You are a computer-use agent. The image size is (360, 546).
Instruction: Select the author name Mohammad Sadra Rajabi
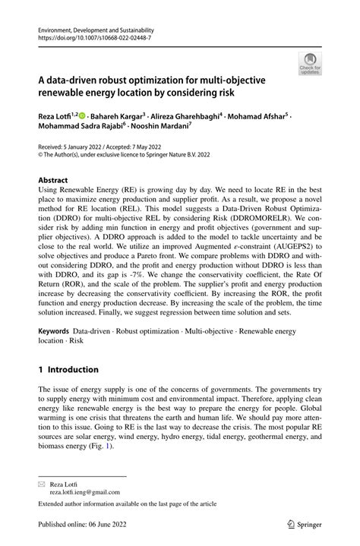tap(82, 128)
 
